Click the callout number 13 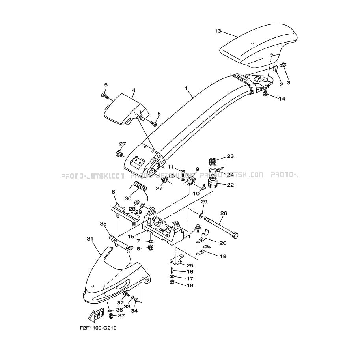tap(218, 31)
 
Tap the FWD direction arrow tap(96, 315)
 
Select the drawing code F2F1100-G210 tap(98, 328)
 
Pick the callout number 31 tap(90, 239)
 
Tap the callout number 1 tap(186, 88)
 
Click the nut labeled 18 tap(172, 282)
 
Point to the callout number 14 tap(282, 99)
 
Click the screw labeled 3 tap(284, 65)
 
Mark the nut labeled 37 tap(111, 316)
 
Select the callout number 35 tap(103, 224)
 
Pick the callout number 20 tap(223, 243)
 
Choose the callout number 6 tap(113, 192)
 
